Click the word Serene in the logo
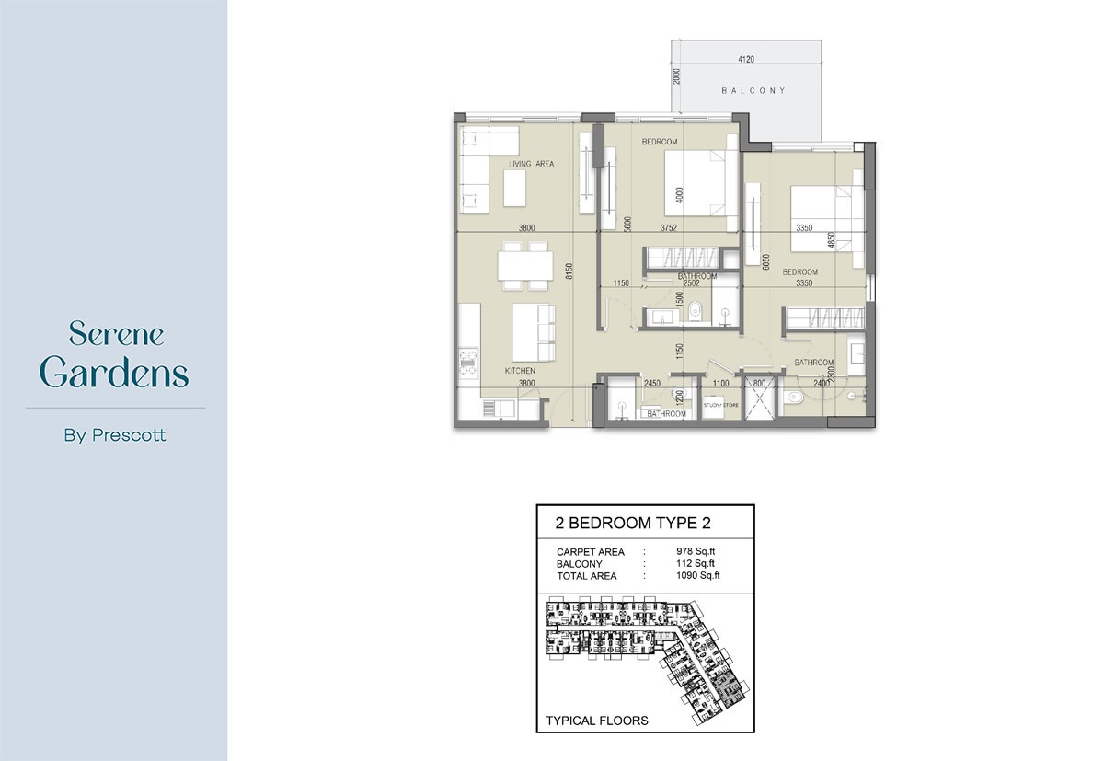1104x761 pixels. click(x=116, y=332)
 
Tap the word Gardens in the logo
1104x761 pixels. click(x=115, y=374)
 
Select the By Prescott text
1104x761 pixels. click(x=115, y=435)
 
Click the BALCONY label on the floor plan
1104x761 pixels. click(x=753, y=90)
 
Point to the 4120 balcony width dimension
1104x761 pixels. click(x=746, y=60)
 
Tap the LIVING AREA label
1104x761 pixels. click(x=532, y=164)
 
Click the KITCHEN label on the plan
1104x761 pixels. click(x=520, y=371)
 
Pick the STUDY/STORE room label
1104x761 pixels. click(x=721, y=404)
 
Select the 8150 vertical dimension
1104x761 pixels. click(x=569, y=271)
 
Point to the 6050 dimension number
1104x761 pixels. click(x=765, y=262)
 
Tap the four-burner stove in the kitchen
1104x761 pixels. click(x=466, y=361)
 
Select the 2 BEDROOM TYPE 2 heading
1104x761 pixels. click(x=633, y=524)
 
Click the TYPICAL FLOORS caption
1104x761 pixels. click(x=597, y=721)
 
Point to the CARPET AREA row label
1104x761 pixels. click(x=591, y=552)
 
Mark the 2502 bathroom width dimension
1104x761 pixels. click(x=705, y=283)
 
